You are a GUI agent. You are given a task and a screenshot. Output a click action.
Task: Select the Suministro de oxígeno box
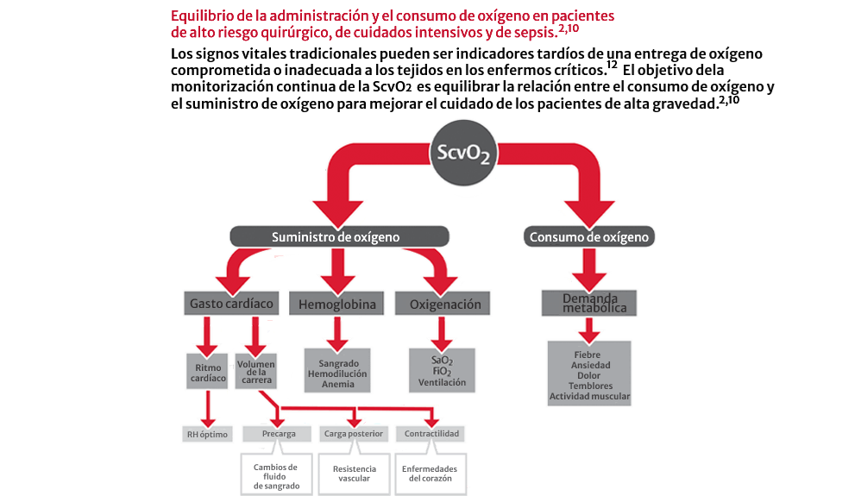click(x=339, y=236)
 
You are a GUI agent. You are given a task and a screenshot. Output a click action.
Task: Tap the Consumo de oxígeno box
click(x=589, y=236)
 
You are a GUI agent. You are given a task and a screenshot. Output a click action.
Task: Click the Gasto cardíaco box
click(x=232, y=304)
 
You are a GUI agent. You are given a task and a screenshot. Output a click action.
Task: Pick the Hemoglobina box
click(x=336, y=305)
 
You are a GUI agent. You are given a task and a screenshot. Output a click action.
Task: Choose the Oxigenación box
click(x=443, y=305)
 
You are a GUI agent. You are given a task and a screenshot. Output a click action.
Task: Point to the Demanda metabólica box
click(x=588, y=304)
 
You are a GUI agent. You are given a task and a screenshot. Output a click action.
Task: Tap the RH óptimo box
click(x=207, y=434)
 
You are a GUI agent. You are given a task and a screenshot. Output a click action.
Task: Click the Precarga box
click(x=279, y=434)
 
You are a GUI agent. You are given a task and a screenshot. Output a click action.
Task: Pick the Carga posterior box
click(x=354, y=434)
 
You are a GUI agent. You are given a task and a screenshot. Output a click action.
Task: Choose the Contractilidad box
click(x=430, y=434)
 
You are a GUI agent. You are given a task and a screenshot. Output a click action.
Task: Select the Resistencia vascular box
click(x=354, y=474)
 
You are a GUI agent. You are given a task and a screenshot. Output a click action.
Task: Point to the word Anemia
click(x=336, y=385)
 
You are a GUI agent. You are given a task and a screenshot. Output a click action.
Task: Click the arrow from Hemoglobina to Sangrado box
click(x=336, y=332)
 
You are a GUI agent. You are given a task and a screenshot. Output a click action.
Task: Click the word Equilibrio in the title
click(x=199, y=16)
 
